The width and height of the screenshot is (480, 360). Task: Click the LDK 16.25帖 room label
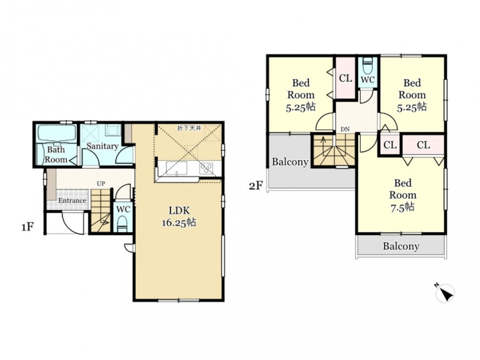(x=179, y=216)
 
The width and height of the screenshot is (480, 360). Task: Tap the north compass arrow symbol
(x=445, y=293)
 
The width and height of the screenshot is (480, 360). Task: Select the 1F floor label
(x=27, y=227)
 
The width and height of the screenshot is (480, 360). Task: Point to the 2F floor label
(x=256, y=185)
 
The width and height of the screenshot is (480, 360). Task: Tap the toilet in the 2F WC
(x=368, y=65)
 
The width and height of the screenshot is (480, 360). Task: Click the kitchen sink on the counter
(x=176, y=168)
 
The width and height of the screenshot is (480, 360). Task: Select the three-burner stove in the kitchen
(x=206, y=168)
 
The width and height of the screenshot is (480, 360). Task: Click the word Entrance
(x=72, y=201)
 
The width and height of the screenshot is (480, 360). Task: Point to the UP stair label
(x=101, y=184)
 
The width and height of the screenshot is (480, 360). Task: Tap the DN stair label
(x=345, y=129)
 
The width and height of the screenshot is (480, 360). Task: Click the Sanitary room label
(x=102, y=146)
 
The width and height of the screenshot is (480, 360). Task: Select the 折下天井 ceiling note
(x=189, y=128)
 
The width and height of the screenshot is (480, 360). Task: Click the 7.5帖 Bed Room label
(x=403, y=195)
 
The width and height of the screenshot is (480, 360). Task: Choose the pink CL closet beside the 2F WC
(x=346, y=78)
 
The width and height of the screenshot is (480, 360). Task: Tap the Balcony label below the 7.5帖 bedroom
(x=401, y=246)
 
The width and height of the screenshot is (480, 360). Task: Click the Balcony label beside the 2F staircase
(x=290, y=162)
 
